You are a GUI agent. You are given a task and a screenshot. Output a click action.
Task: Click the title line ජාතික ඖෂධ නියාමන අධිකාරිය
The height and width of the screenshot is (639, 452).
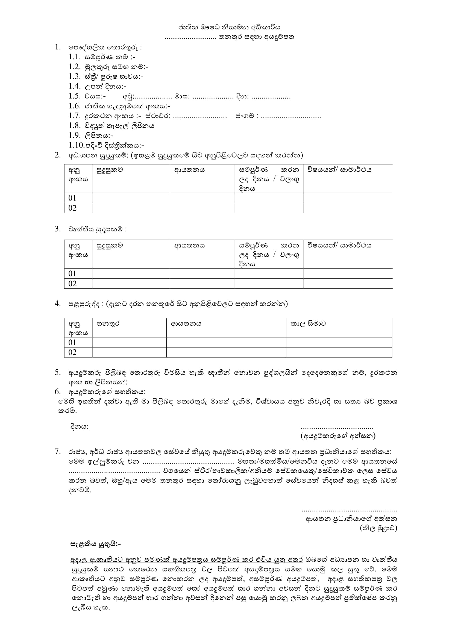[229, 27]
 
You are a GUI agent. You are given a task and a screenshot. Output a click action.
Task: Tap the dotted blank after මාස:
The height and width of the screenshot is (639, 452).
[213, 97]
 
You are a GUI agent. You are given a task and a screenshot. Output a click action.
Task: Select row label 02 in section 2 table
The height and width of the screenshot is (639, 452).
[72, 208]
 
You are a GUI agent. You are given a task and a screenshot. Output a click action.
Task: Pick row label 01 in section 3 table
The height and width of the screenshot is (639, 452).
[72, 273]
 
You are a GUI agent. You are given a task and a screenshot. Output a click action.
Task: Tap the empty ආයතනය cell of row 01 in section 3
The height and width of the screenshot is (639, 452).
[202, 273]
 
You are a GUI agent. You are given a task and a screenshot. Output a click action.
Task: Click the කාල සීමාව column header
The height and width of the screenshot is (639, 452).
[308, 324]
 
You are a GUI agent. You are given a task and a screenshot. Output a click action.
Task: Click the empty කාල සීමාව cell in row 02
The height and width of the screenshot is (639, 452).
[339, 352]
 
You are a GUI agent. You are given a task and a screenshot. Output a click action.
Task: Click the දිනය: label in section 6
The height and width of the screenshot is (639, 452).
[79, 426]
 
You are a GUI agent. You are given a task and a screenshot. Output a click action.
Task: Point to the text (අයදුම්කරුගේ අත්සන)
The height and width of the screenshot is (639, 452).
[338, 436]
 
